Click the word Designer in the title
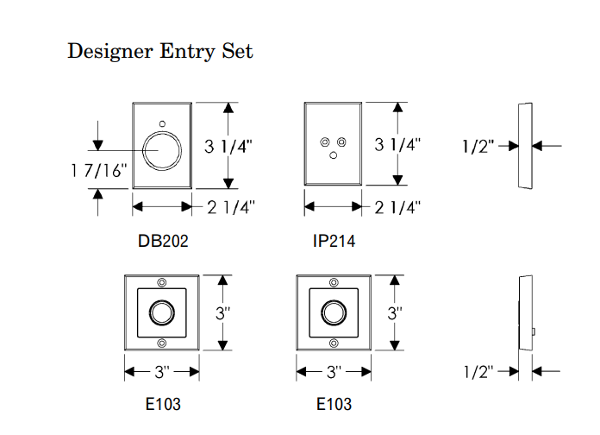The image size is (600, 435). tap(109, 51)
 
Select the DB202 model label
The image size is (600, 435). tap(163, 242)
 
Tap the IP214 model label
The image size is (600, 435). tap(334, 242)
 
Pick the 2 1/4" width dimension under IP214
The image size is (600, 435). tap(399, 207)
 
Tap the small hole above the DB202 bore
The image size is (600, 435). tap(164, 123)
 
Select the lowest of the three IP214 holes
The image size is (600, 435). tap(333, 155)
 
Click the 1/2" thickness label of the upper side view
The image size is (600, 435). tap(478, 146)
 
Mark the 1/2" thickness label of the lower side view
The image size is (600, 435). tap(478, 372)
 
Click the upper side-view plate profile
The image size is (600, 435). tap(522, 146)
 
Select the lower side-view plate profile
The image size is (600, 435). tap(523, 312)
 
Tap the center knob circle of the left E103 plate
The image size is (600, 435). tap(162, 312)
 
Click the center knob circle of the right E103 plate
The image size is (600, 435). tap(333, 312)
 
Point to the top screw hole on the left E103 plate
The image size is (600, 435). tap(162, 284)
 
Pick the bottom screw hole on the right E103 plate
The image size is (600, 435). tap(333, 343)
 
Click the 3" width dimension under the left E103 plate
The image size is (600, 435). tap(162, 372)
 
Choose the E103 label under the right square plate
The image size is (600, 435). tap(334, 404)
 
